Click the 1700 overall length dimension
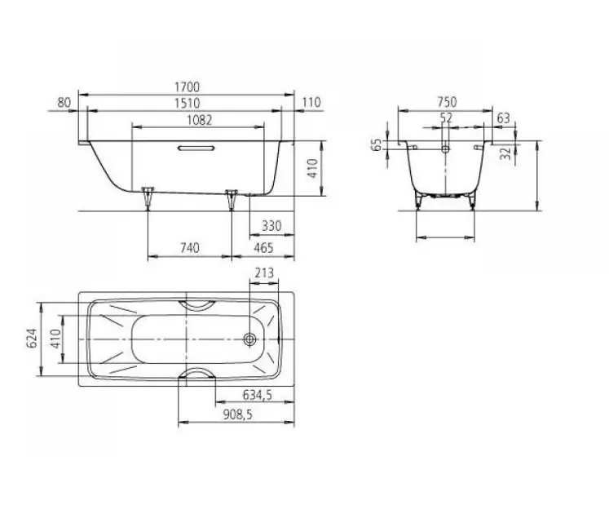tap(187, 86)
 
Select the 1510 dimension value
tap(187, 103)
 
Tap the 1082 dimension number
tap(199, 120)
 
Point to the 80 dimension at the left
tap(64, 103)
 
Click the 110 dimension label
tap(311, 102)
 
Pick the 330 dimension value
tap(271, 226)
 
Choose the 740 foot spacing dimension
tap(189, 248)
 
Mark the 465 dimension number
tap(263, 248)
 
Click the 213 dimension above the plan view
tap(264, 273)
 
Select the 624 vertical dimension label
tap(32, 339)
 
